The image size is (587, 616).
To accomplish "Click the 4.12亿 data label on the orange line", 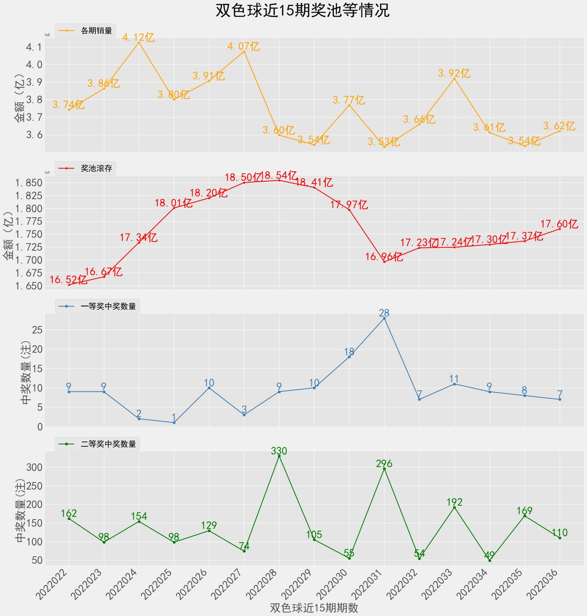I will click(138, 38).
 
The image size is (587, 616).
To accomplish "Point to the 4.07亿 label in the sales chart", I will click(244, 47).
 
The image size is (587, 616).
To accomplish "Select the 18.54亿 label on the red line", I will click(278, 175).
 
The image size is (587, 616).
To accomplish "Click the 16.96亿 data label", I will click(384, 257).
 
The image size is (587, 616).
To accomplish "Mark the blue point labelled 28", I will click(384, 318).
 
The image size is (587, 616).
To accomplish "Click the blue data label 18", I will click(349, 352).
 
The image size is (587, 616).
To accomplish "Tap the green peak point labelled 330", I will click(279, 456).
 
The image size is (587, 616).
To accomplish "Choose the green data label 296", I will click(384, 463).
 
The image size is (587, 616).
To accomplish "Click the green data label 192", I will click(454, 502).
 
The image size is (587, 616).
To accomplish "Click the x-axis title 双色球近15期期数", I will click(314, 608).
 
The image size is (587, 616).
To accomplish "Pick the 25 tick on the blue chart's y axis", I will click(37, 330).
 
